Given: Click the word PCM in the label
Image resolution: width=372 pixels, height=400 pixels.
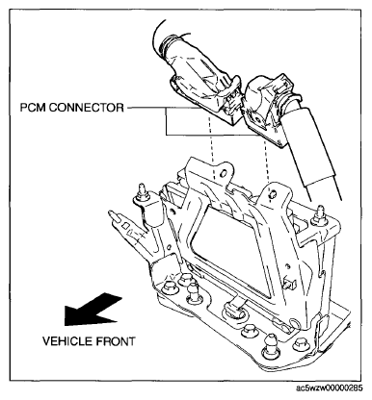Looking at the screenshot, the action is [x=33, y=108].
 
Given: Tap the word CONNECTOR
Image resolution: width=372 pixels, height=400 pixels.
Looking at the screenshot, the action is [x=86, y=108].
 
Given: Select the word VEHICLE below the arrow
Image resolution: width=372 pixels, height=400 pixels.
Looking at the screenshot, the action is [x=66, y=341].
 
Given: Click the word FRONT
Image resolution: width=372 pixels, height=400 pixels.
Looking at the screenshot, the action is [x=115, y=341].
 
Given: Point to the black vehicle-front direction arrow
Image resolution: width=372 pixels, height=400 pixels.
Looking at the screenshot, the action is [x=93, y=310].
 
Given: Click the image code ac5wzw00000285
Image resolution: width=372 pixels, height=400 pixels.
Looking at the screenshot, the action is [x=330, y=388].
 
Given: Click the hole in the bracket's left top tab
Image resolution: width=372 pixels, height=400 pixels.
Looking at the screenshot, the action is [x=222, y=173].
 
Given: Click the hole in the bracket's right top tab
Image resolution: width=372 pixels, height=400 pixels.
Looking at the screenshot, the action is [x=272, y=194].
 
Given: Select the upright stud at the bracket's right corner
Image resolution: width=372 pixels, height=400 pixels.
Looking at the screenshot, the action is [x=319, y=214].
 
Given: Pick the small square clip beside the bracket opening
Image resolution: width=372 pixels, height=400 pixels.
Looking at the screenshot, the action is [x=290, y=283].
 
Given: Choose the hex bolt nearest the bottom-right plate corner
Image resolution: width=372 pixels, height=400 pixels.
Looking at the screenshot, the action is [x=300, y=345].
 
